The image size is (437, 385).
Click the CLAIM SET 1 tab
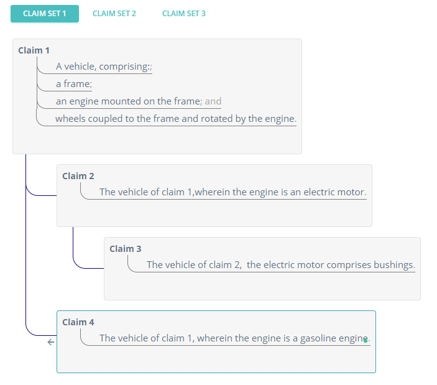click(45, 14)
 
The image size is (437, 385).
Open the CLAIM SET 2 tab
click(114, 14)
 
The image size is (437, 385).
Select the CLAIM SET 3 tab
click(184, 14)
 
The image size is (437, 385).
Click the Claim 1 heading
click(34, 50)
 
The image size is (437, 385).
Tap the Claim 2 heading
click(78, 176)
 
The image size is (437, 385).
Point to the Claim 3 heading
click(126, 249)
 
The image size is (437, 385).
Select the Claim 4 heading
click(78, 322)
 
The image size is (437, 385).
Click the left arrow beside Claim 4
click(51, 342)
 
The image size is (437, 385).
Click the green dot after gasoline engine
click(366, 341)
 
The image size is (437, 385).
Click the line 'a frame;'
click(74, 84)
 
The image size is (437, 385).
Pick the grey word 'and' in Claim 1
click(213, 101)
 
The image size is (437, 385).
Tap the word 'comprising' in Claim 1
click(124, 67)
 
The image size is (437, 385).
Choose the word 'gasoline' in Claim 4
click(318, 338)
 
